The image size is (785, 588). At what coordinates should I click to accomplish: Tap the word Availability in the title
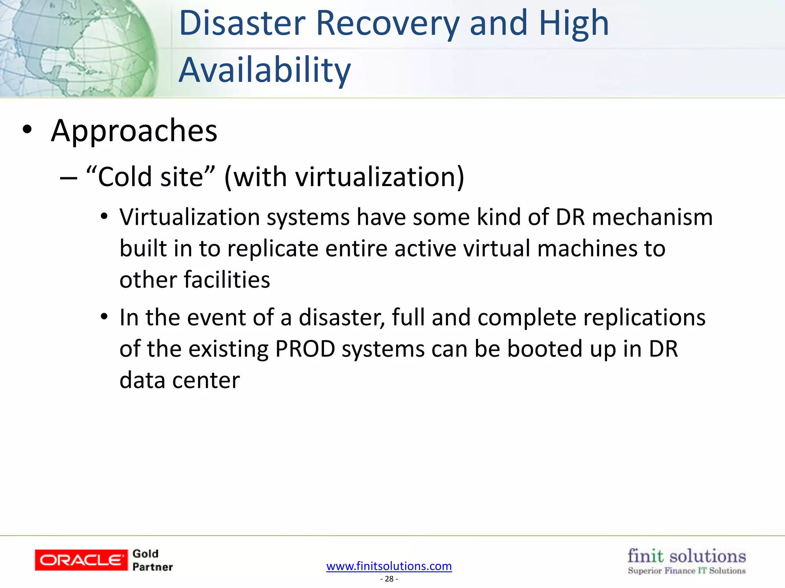tap(264, 70)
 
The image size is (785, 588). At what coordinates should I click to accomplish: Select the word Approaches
tap(134, 131)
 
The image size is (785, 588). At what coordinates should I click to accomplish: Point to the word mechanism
tap(652, 217)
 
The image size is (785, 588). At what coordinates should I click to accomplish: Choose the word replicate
tap(273, 249)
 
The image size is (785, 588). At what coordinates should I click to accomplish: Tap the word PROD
tap(305, 349)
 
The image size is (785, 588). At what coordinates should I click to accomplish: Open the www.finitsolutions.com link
tap(389, 566)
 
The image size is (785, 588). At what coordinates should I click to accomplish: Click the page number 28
tap(389, 579)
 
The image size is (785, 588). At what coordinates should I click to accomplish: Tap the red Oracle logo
tap(81, 560)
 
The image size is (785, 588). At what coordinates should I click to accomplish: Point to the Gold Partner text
tap(152, 560)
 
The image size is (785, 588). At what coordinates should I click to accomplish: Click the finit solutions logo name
tap(686, 556)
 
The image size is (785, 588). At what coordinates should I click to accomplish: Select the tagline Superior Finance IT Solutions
tap(686, 571)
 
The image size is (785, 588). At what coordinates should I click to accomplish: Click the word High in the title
tap(573, 24)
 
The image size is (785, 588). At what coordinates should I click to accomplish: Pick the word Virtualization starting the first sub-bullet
tap(190, 217)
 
